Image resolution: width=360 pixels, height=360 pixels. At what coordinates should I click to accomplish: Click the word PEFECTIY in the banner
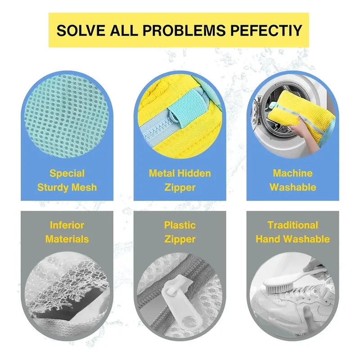point(266,30)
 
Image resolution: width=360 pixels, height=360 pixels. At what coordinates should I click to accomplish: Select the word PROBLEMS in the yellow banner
point(184,30)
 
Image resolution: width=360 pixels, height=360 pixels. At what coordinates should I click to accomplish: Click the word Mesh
point(84,187)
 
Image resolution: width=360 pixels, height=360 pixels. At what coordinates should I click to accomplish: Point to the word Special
point(67,173)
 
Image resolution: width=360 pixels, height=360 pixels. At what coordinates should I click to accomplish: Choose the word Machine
point(293,173)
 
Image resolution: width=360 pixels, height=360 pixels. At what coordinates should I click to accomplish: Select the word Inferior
point(67,225)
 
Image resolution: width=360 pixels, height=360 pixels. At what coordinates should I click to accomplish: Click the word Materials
point(67,239)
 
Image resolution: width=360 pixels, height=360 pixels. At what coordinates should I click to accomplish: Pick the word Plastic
point(180,226)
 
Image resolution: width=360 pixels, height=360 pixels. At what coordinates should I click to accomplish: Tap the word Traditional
point(293,225)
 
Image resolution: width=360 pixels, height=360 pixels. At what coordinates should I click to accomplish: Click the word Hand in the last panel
point(268,239)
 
